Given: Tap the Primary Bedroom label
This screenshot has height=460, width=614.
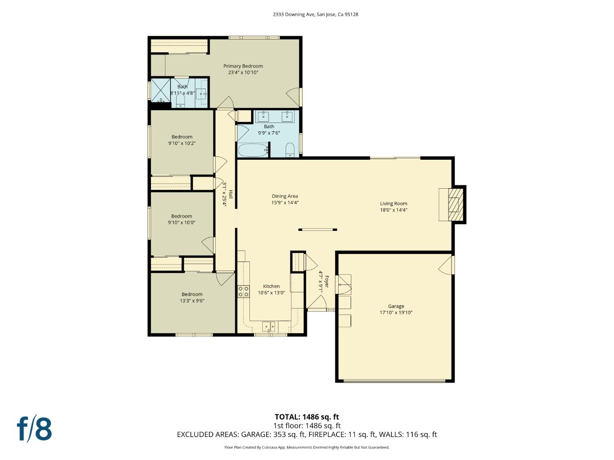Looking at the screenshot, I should [243, 66].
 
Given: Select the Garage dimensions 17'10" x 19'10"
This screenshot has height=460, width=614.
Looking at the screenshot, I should [396, 313].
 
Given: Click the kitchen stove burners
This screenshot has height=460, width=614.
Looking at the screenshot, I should [243, 291].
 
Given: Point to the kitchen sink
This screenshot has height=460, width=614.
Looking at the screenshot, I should [269, 327].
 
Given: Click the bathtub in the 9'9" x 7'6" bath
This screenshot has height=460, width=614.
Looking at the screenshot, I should [253, 150].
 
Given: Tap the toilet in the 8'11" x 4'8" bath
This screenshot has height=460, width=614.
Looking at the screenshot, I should [180, 101].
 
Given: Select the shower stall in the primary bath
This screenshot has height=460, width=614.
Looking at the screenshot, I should [161, 89].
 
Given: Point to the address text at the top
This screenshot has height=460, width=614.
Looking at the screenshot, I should [316, 14].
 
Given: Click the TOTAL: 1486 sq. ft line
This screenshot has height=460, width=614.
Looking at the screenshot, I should [307, 417].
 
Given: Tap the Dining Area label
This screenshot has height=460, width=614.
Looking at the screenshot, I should [285, 196].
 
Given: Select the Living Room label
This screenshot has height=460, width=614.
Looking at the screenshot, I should [394, 204].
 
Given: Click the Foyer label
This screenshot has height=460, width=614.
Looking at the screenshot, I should [327, 282].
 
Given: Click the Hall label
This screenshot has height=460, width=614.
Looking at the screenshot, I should [231, 194].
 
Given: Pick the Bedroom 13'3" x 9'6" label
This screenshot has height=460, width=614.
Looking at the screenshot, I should [192, 294].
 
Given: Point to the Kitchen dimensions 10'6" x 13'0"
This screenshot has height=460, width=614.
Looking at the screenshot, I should [271, 293].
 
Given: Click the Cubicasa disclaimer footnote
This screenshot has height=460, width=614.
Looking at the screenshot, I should [307, 447].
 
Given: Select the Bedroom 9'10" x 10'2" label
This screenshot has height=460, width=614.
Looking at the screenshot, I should [182, 137].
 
